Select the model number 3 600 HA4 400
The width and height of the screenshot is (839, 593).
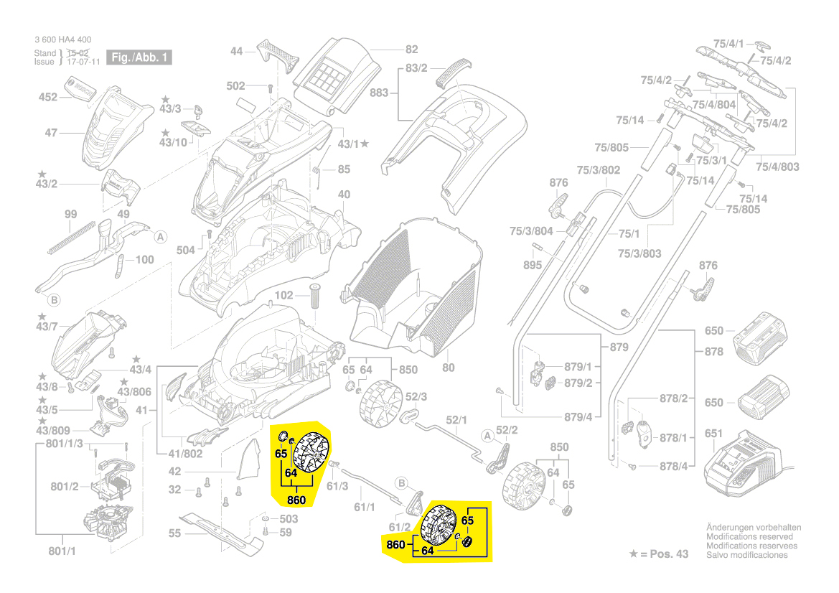tap(62, 40)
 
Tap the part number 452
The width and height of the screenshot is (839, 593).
tap(47, 97)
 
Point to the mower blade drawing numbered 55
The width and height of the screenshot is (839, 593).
tap(219, 531)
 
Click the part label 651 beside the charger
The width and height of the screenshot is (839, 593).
tap(713, 434)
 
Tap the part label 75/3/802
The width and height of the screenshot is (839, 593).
tap(599, 170)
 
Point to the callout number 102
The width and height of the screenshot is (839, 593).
tap(284, 295)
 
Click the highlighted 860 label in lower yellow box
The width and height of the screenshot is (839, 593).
tap(395, 545)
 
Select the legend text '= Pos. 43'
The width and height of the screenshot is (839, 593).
tap(662, 554)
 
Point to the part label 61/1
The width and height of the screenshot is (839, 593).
tap(365, 508)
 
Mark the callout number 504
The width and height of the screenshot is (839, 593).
tap(186, 250)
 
